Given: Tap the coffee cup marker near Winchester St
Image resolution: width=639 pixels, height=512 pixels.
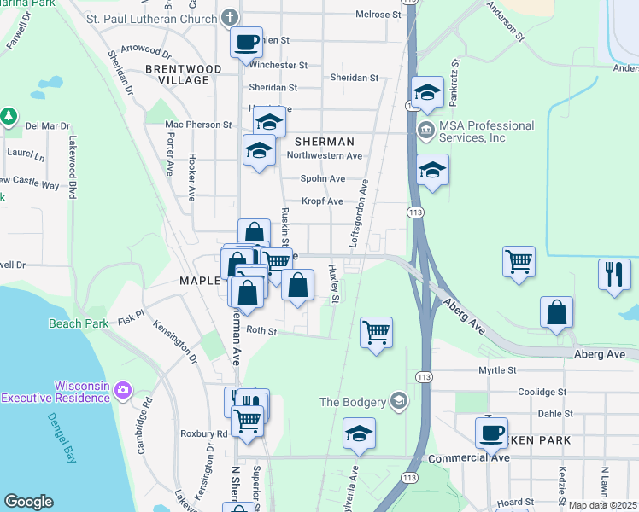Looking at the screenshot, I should point(247,43).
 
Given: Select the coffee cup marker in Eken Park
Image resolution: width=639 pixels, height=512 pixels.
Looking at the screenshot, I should point(491,433).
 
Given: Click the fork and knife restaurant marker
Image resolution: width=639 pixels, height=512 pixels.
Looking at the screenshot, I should point(614,274).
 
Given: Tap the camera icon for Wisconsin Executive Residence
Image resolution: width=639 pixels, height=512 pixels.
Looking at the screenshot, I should point(122,391).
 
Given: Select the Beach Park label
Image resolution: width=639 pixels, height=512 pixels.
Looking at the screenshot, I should point(78,323).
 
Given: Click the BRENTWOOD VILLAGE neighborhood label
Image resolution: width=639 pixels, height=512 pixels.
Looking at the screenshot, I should point(183,74).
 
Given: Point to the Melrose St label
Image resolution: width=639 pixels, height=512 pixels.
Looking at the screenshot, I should point(378,15).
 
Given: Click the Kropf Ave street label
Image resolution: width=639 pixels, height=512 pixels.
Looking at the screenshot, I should point(321,201).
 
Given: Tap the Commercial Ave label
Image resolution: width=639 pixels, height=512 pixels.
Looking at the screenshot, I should point(469,458).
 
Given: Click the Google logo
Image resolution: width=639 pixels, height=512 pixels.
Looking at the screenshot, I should point(29,501).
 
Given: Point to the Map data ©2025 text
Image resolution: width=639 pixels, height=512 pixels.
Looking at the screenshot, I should point(601,505).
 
